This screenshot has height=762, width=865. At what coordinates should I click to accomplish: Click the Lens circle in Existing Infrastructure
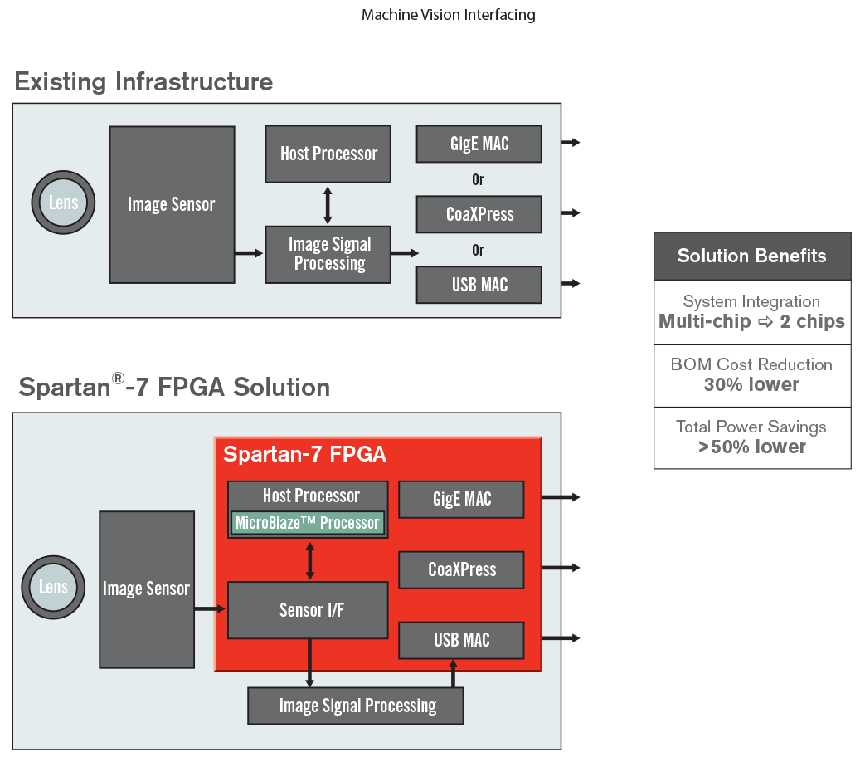tap(63, 203)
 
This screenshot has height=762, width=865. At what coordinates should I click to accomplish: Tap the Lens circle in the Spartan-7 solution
tap(53, 588)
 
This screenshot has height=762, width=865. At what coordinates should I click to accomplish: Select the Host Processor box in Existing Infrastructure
tap(328, 154)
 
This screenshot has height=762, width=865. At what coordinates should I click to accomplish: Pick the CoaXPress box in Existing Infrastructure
tap(479, 214)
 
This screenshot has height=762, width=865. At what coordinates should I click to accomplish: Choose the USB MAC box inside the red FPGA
tap(461, 640)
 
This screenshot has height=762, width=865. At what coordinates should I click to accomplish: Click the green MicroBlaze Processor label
tap(307, 523)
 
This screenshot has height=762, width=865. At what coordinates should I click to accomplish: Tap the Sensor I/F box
tap(308, 610)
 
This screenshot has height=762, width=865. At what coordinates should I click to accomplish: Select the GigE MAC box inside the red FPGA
tap(461, 499)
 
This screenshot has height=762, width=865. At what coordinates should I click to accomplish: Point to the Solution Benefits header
tap(751, 256)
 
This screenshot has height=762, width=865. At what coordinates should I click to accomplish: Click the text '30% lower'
tap(751, 385)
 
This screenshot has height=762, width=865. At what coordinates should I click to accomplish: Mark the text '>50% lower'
tap(751, 447)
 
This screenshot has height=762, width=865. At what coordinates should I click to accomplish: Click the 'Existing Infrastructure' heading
tap(143, 82)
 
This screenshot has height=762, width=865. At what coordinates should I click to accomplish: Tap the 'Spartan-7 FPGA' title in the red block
tap(304, 455)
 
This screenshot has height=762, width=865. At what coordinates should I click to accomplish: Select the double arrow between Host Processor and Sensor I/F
tap(310, 560)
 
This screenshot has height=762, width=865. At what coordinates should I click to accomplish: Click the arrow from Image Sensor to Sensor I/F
tap(210, 609)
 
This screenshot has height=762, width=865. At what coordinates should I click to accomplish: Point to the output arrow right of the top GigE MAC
tap(571, 143)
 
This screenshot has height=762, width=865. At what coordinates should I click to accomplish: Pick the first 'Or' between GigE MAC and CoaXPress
tap(478, 179)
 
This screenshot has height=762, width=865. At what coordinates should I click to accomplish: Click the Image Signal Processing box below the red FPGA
tap(356, 706)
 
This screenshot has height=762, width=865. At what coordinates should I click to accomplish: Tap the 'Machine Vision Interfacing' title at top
tap(448, 16)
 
